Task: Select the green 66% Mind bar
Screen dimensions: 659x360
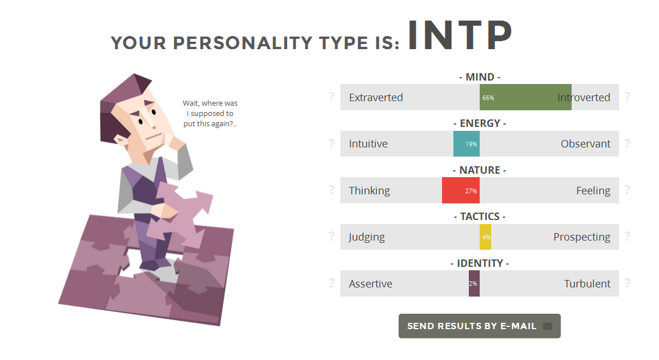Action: click(525, 97)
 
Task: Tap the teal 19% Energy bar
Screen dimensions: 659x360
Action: click(467, 144)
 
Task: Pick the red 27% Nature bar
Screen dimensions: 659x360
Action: click(461, 190)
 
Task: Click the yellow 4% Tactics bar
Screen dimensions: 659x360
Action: click(485, 237)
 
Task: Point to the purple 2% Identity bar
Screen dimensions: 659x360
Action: click(474, 283)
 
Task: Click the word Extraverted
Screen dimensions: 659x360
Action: click(376, 98)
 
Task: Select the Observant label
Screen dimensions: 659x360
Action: click(585, 144)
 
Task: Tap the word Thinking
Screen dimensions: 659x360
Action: click(369, 191)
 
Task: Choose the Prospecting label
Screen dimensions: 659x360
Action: click(582, 237)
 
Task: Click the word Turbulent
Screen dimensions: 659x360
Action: click(587, 284)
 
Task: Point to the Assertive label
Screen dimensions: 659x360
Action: click(370, 284)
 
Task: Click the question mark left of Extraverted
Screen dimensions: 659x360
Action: click(332, 97)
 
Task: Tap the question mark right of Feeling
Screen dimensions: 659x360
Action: click(628, 190)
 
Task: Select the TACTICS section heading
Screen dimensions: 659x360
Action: click(480, 217)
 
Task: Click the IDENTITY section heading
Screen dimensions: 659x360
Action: click(480, 263)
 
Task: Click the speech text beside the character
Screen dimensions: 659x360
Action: click(210, 114)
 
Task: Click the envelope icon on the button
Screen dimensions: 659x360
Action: click(547, 326)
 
